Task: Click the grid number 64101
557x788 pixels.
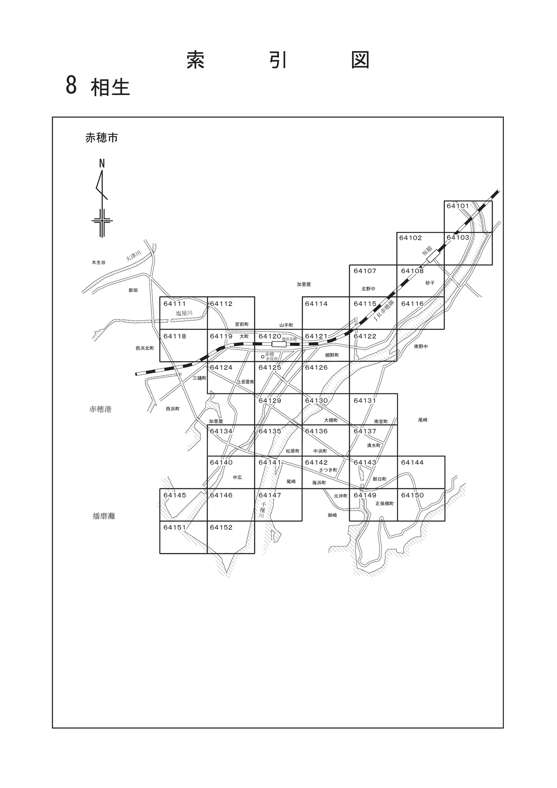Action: (x=457, y=206)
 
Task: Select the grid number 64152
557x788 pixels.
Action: (x=221, y=527)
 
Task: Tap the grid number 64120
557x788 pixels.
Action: (x=270, y=336)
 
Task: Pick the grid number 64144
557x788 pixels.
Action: (x=412, y=463)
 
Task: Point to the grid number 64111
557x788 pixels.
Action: (x=175, y=304)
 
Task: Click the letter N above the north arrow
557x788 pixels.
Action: (x=102, y=163)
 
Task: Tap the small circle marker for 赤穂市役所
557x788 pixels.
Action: (x=263, y=357)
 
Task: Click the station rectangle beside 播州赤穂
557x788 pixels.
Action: (x=279, y=344)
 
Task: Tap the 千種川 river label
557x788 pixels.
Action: (x=263, y=510)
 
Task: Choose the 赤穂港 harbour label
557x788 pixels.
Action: (x=100, y=409)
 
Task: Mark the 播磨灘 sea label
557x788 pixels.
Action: (x=104, y=516)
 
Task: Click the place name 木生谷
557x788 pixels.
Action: (x=99, y=262)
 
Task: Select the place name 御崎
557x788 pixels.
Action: (x=332, y=515)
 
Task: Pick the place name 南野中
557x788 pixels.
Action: (x=421, y=346)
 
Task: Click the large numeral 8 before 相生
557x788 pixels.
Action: (x=71, y=85)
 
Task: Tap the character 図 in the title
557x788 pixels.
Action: (x=360, y=60)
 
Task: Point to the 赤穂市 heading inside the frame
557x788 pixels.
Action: (x=102, y=138)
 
